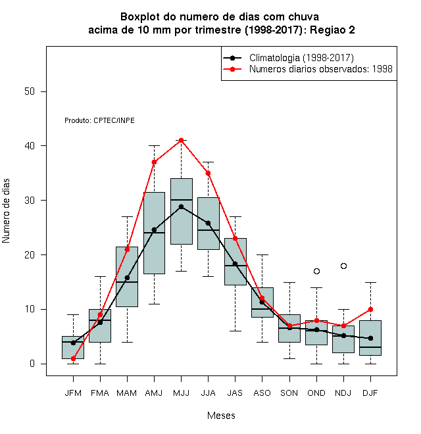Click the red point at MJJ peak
point(181,140)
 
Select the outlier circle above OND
point(316,271)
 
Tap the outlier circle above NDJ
point(343,266)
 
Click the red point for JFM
point(73,358)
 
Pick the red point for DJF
point(370,310)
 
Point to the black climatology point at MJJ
point(181,206)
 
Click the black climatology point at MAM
point(127,277)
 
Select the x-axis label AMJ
point(154,393)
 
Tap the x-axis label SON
point(289,393)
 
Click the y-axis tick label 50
point(30,91)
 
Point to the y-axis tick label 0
point(32,364)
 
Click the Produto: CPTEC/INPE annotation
point(100,120)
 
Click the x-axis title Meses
point(221,416)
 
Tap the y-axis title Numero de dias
point(6,211)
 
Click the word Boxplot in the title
point(140,17)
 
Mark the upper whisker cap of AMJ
point(154,145)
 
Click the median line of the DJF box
point(370,347)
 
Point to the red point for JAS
point(235,238)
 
